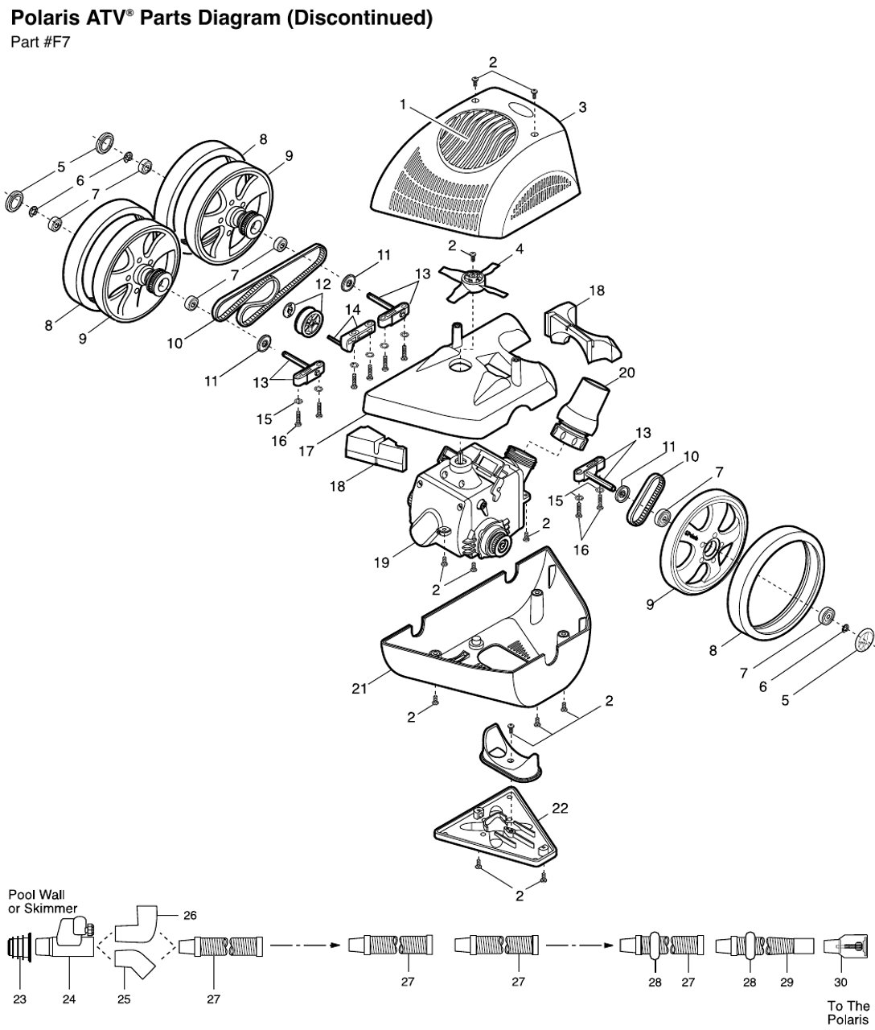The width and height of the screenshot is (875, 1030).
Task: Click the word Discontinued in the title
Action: (364, 19)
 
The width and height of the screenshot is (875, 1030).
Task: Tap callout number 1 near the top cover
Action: (403, 104)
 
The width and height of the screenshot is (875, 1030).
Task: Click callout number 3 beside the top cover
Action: (582, 107)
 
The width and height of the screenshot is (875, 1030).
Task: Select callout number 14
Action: (352, 309)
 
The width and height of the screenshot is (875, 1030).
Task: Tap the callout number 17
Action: (306, 451)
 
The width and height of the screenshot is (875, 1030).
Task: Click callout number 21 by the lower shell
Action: (360, 688)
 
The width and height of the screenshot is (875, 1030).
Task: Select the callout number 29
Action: (787, 983)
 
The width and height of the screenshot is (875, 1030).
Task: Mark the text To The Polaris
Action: (848, 1012)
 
